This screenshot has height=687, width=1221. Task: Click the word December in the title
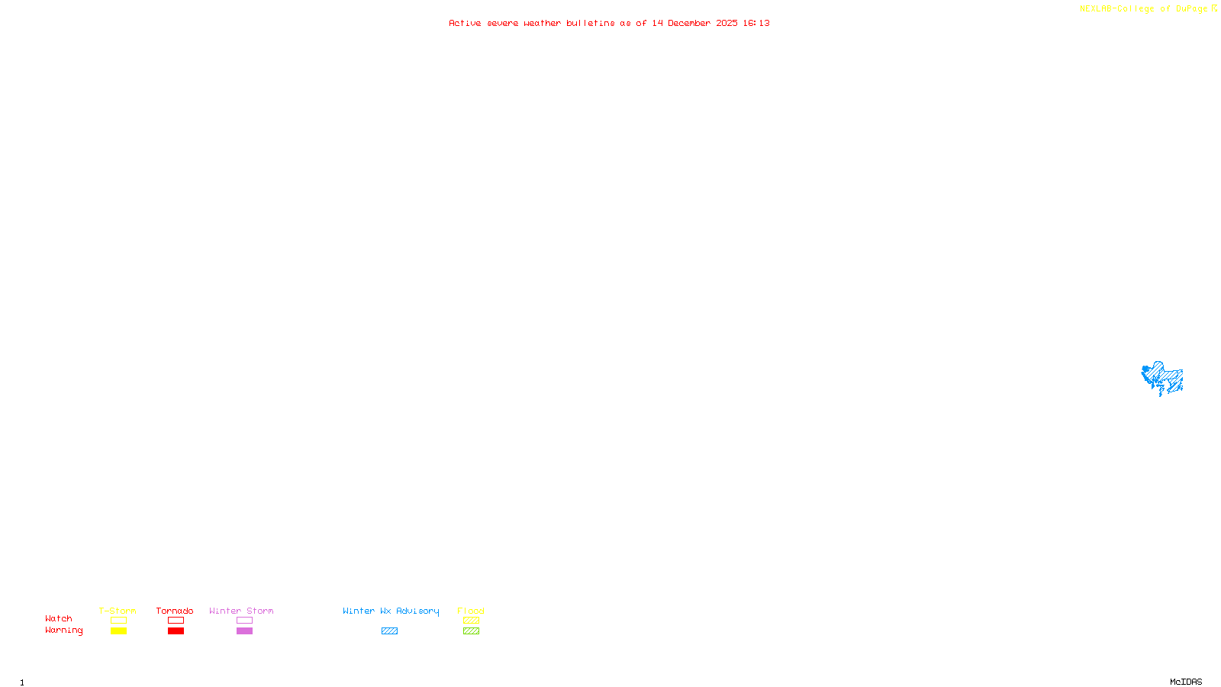689,23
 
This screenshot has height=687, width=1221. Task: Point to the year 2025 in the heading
726,23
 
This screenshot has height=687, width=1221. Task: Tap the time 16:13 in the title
756,23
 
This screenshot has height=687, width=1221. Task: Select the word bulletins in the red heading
590,23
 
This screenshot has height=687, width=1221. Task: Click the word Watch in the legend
59,619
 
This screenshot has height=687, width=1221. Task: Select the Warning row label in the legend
63,631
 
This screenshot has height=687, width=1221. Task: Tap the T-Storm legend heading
118,611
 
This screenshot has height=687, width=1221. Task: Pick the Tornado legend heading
175,611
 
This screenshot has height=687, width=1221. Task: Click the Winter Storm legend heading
241,611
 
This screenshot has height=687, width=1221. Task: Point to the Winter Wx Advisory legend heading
391,611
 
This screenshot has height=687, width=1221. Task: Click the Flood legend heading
471,611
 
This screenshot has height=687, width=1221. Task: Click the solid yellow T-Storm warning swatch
118,631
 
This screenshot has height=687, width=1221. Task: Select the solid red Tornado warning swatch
176,631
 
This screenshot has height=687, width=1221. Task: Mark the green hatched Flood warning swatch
471,631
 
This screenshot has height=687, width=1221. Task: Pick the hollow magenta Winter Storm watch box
244,621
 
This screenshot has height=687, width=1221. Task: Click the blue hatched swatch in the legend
389,631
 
